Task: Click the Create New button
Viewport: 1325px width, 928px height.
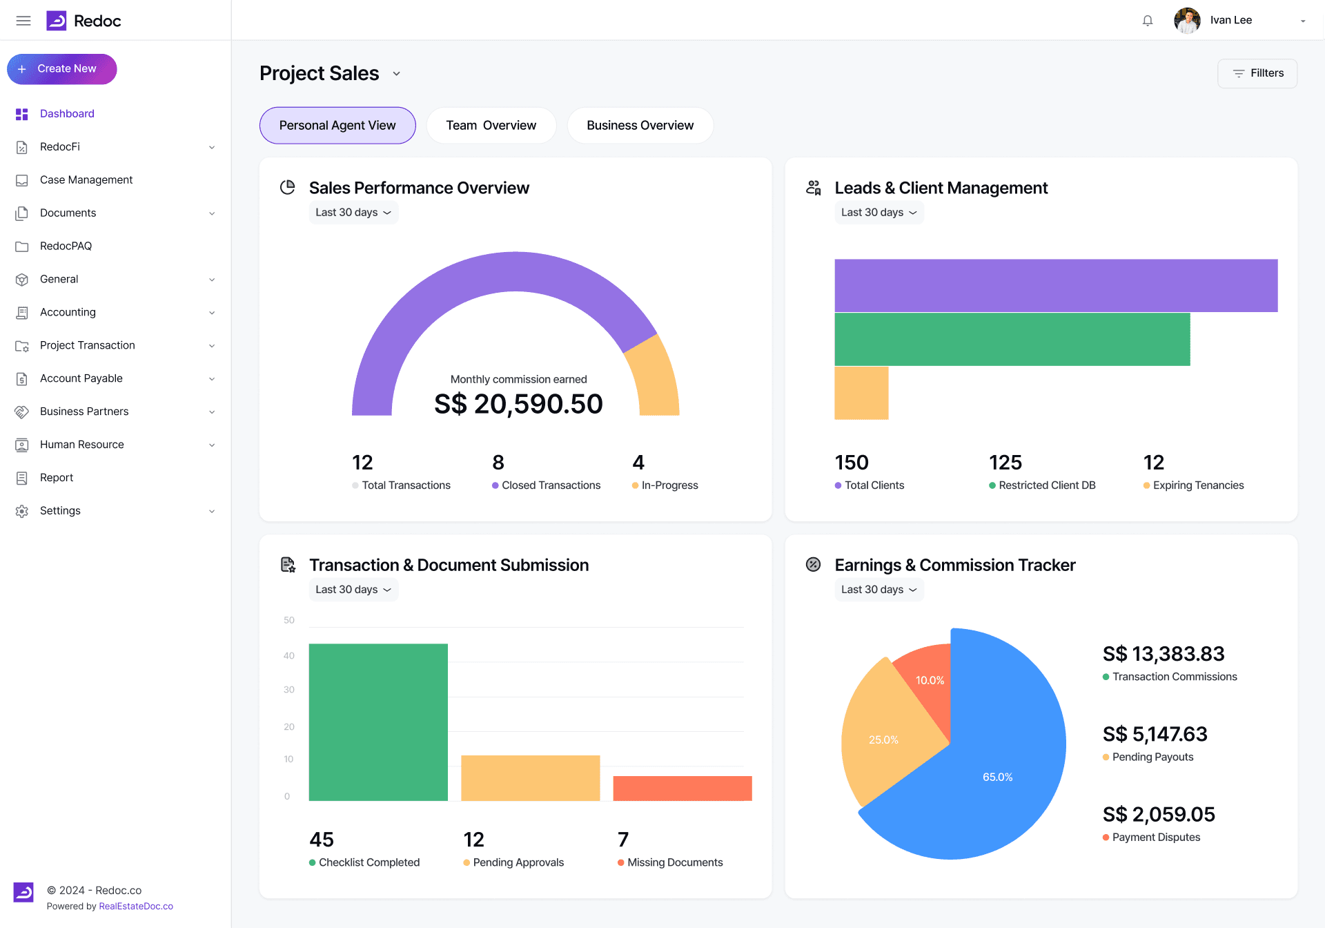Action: point(62,69)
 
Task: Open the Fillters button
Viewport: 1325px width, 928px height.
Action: point(1257,73)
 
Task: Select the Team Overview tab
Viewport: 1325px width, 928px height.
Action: point(491,126)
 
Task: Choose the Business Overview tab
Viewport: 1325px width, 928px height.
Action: point(640,126)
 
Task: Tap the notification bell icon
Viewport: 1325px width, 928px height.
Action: point(1148,21)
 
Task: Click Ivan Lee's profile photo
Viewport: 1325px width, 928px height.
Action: point(1187,21)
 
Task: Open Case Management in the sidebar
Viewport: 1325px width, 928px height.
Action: point(86,180)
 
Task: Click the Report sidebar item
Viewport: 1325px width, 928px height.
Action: point(57,478)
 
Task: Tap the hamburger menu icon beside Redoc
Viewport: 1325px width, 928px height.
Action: point(23,21)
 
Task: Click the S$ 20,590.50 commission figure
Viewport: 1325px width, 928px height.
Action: point(518,404)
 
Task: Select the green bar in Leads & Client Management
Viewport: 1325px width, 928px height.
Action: point(1012,339)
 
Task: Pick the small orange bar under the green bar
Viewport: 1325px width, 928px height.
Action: point(861,393)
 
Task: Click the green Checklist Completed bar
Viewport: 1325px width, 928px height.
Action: point(378,722)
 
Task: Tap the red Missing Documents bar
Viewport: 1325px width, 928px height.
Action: point(683,789)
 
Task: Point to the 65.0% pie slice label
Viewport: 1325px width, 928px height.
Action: point(998,777)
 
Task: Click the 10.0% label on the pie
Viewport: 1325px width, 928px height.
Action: point(930,681)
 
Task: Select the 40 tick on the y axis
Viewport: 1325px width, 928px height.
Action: point(289,656)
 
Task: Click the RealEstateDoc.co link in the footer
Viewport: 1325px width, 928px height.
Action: point(136,907)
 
